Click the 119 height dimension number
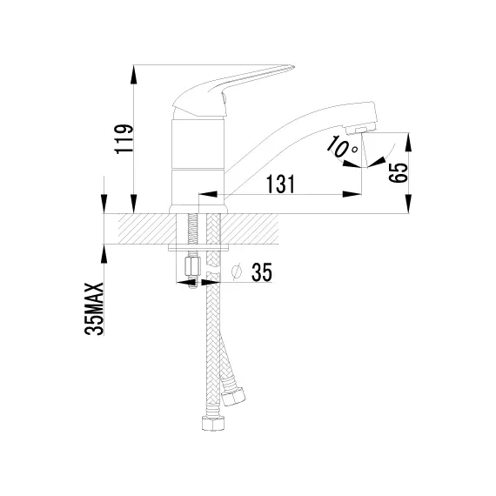(124, 139)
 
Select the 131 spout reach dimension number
(280, 184)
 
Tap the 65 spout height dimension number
(398, 173)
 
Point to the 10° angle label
(342, 147)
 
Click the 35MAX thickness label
(94, 309)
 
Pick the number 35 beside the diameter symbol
(262, 272)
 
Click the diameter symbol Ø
(237, 271)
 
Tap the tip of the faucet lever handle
(293, 67)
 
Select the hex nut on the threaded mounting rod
(192, 266)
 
